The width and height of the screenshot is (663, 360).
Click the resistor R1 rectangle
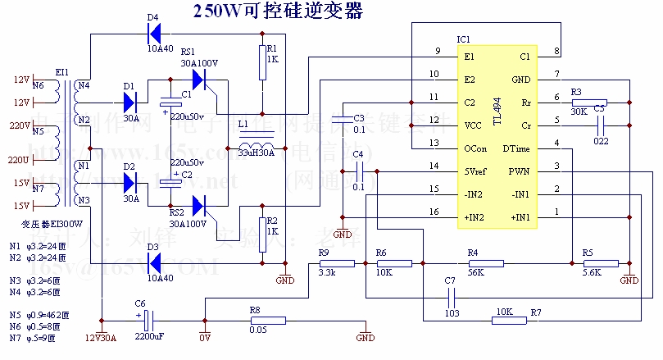click(x=263, y=62)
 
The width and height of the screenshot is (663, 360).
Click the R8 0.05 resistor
click(x=266, y=321)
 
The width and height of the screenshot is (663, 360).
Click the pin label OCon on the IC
click(x=475, y=148)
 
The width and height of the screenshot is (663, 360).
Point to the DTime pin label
click(x=516, y=148)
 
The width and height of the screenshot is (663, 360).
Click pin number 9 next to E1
click(x=438, y=52)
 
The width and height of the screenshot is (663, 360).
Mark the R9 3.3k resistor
click(x=337, y=263)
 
